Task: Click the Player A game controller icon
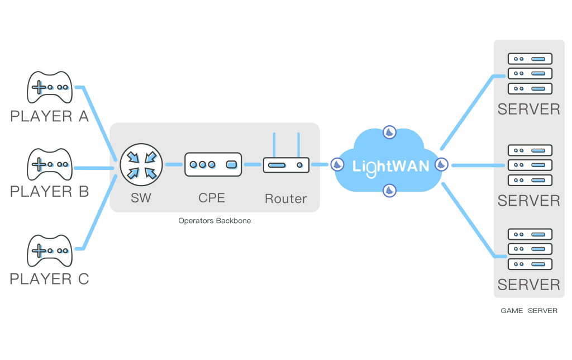tap(50, 87)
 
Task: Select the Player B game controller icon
tap(50, 164)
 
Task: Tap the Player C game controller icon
tap(50, 250)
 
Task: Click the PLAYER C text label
tap(50, 278)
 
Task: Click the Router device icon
tap(286, 165)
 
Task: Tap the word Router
tap(285, 198)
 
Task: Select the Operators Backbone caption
tap(214, 221)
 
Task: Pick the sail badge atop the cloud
tap(389, 132)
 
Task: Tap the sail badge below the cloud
tap(389, 191)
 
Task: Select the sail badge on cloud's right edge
tap(441, 164)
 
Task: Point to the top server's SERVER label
tap(528, 109)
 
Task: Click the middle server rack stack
tap(530, 165)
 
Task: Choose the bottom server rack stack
tap(530, 249)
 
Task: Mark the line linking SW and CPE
tap(174, 164)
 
